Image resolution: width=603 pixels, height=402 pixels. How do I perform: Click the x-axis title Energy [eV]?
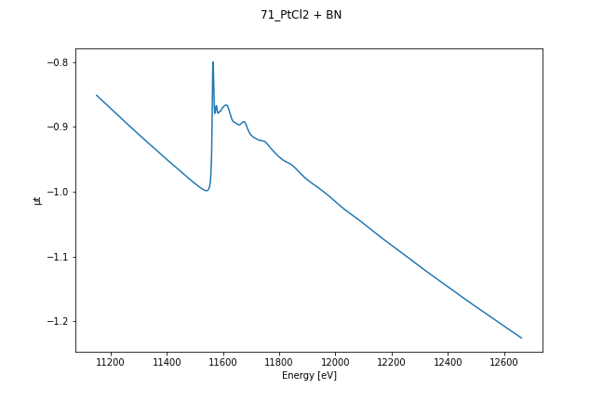[309, 375]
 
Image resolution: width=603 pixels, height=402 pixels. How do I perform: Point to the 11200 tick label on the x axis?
[111, 361]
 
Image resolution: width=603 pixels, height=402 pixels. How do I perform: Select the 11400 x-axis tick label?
[167, 361]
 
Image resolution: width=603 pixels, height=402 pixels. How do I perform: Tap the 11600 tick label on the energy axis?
[223, 361]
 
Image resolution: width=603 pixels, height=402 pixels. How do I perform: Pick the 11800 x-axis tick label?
[279, 361]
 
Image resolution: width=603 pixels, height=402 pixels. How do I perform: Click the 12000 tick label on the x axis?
[335, 361]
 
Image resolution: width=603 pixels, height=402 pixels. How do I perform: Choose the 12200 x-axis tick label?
[392, 361]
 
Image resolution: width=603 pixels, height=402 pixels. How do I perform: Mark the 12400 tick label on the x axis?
[448, 361]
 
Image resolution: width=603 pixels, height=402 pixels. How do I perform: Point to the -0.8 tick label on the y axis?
[58, 62]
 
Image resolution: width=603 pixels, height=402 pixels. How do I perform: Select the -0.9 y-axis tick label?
[58, 127]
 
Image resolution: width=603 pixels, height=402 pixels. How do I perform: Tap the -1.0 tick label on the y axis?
[58, 192]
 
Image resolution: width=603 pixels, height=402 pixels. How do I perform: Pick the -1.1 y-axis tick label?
[58, 257]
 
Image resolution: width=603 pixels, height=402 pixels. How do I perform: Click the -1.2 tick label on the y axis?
[58, 321]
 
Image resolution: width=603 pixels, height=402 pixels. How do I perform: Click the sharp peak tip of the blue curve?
[213, 62]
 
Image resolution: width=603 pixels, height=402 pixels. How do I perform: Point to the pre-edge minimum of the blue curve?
[206, 191]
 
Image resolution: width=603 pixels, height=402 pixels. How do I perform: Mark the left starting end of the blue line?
[97, 95]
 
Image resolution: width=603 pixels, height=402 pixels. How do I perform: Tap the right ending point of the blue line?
[521, 338]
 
